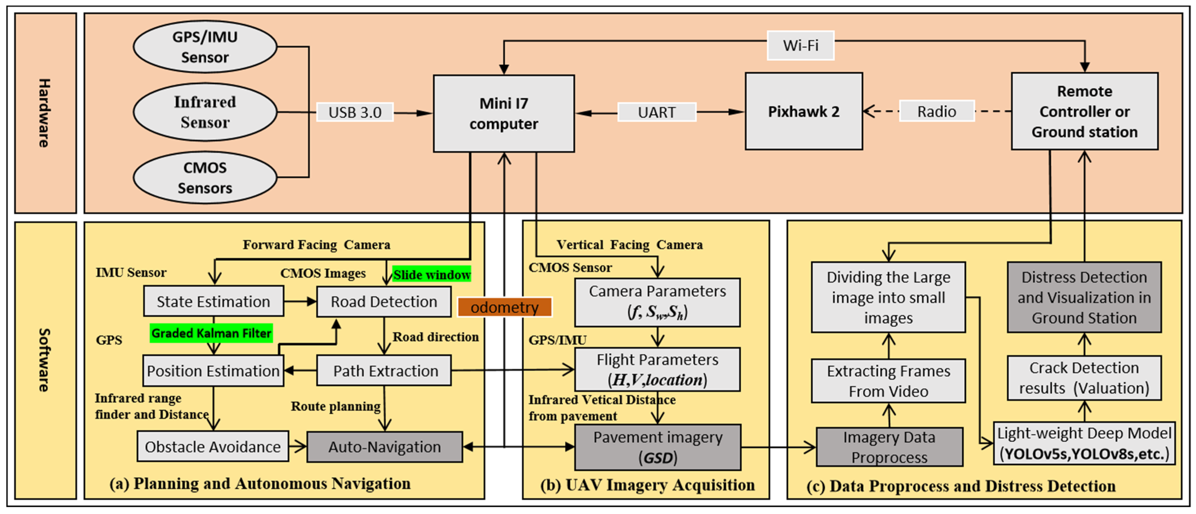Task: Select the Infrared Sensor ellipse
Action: pyautogui.click(x=205, y=112)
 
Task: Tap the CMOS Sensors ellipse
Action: pyautogui.click(x=205, y=178)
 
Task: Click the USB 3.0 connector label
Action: pyautogui.click(x=355, y=112)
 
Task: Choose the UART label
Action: pyautogui.click(x=656, y=112)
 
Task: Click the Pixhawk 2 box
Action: pyautogui.click(x=804, y=111)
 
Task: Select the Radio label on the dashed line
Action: pyautogui.click(x=937, y=111)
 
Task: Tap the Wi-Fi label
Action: pyautogui.click(x=800, y=46)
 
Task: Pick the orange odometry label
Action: pyautogui.click(x=505, y=307)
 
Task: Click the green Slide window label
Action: pyautogui.click(x=432, y=275)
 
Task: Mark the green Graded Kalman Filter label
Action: pyautogui.click(x=211, y=333)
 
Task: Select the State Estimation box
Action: pyautogui.click(x=214, y=302)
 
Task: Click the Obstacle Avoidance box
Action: pyautogui.click(x=213, y=447)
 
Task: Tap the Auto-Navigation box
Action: pyautogui.click(x=385, y=447)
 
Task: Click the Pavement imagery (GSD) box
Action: pyautogui.click(x=657, y=447)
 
